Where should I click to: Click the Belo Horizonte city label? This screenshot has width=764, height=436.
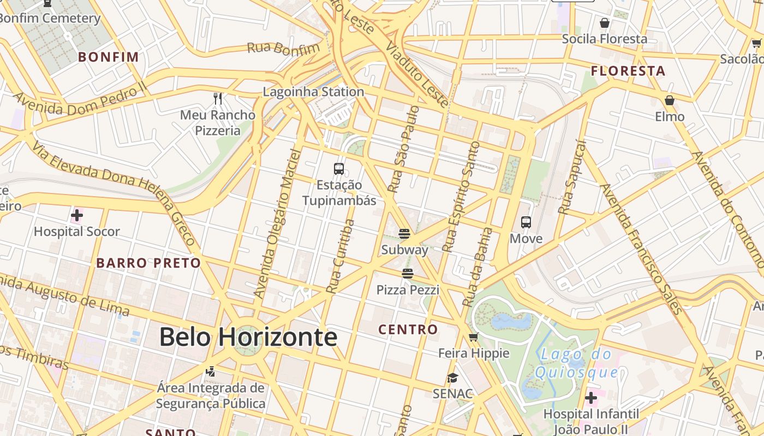pyautogui.click(x=248, y=337)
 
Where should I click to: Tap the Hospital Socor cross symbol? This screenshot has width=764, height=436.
pyautogui.click(x=77, y=215)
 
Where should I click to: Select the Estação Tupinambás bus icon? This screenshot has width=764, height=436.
pyautogui.click(x=339, y=169)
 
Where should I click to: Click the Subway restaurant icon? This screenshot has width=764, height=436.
pyautogui.click(x=404, y=234)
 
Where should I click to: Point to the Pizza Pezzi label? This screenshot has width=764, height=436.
pyautogui.click(x=408, y=290)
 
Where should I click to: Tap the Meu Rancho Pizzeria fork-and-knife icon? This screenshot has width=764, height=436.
pyautogui.click(x=218, y=98)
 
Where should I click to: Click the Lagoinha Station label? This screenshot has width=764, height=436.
pyautogui.click(x=313, y=92)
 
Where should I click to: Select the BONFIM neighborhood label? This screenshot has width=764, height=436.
pyautogui.click(x=109, y=57)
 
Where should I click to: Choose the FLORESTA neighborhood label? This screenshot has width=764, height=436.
pyautogui.click(x=628, y=71)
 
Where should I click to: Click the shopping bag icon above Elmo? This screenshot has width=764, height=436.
pyautogui.click(x=670, y=100)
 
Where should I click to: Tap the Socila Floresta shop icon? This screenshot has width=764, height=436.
pyautogui.click(x=605, y=23)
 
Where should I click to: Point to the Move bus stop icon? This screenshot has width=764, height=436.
pyautogui.click(x=526, y=222)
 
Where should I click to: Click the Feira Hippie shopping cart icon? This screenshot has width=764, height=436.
pyautogui.click(x=473, y=337)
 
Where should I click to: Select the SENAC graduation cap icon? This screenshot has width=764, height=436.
pyautogui.click(x=452, y=378)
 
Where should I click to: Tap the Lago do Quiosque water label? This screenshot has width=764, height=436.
pyautogui.click(x=576, y=364)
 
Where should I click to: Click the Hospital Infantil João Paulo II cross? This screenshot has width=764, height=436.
pyautogui.click(x=591, y=398)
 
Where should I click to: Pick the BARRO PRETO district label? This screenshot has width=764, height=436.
pyautogui.click(x=149, y=263)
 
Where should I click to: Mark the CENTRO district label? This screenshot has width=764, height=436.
pyautogui.click(x=408, y=330)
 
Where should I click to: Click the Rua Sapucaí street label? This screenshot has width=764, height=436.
pyautogui.click(x=572, y=177)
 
